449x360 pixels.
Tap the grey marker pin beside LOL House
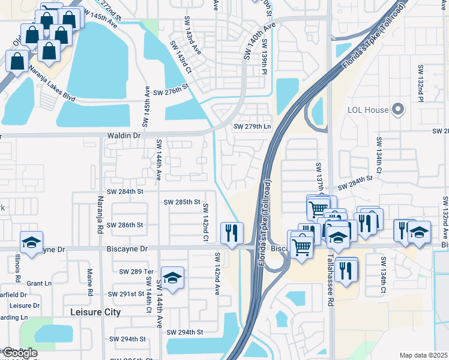[397, 109]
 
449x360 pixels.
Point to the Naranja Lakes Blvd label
[52, 87]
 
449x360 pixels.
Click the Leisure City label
[95, 312]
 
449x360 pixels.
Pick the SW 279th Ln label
[252, 127]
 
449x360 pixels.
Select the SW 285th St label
[182, 202]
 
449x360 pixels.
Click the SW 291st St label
[126, 294]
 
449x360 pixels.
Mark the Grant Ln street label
[39, 283]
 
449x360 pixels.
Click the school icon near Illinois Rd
[31, 242]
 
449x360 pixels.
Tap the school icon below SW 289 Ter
[172, 278]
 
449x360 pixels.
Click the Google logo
[19, 353]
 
